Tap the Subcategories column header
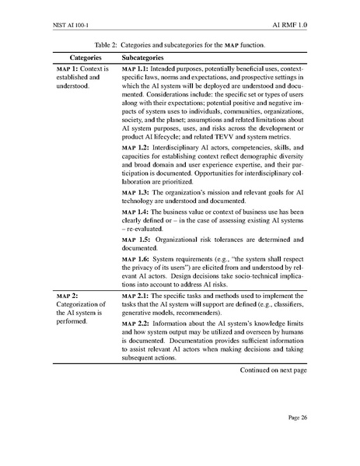(143, 58)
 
